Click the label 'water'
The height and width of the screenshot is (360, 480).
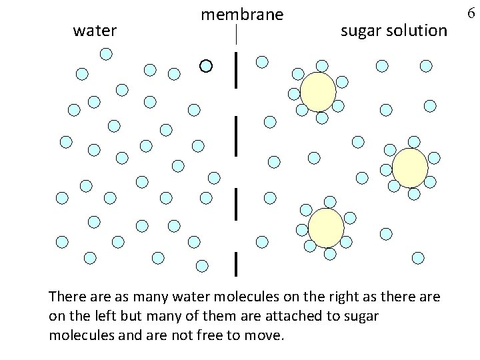(x=95, y=31)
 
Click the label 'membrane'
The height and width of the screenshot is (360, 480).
(x=242, y=14)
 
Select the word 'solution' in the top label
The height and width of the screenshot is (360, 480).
(x=418, y=30)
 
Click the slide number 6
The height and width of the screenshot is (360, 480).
(x=475, y=13)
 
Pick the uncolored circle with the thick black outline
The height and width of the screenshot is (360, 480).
(x=206, y=65)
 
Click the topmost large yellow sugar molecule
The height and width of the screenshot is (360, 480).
(x=319, y=91)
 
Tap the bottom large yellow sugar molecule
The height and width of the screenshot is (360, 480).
(x=327, y=227)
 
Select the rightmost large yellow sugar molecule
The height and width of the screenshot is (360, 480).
(x=409, y=168)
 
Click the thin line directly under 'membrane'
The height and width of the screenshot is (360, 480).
(x=237, y=34)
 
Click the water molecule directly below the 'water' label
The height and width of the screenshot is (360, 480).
(x=104, y=53)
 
